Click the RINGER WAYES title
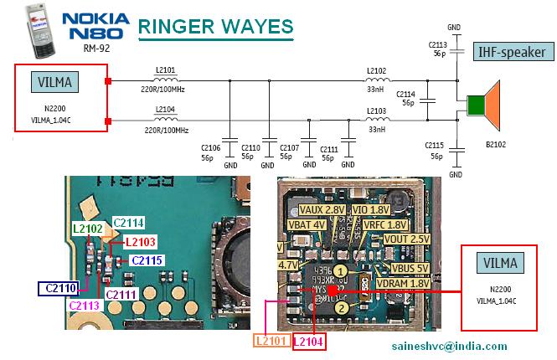pos(215,27)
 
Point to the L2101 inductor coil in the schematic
pos(166,80)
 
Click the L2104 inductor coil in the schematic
pos(166,120)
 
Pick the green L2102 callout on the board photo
pos(88,227)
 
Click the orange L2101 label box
pos(271,342)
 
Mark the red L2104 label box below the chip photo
pos(308,342)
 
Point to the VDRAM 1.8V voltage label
pos(404,283)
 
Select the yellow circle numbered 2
pos(341,309)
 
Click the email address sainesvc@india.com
pos(448,346)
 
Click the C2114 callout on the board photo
pos(127,222)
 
